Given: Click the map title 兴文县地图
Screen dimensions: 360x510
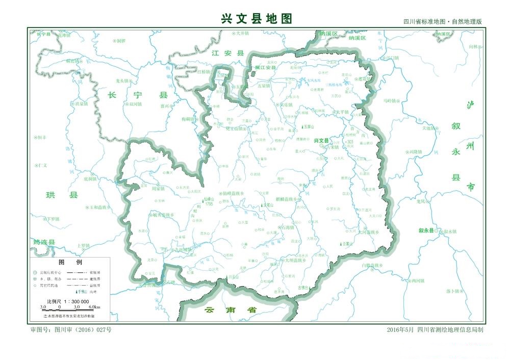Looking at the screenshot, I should [257, 18].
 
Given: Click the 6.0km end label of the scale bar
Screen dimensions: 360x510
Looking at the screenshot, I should [94, 307].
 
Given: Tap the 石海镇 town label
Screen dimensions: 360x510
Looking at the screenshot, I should [289, 227].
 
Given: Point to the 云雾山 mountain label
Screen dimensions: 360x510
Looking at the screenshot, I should [349, 244].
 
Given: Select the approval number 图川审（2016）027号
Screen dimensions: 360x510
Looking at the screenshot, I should [71, 330].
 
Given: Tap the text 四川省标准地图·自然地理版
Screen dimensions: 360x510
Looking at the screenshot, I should [442, 22].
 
